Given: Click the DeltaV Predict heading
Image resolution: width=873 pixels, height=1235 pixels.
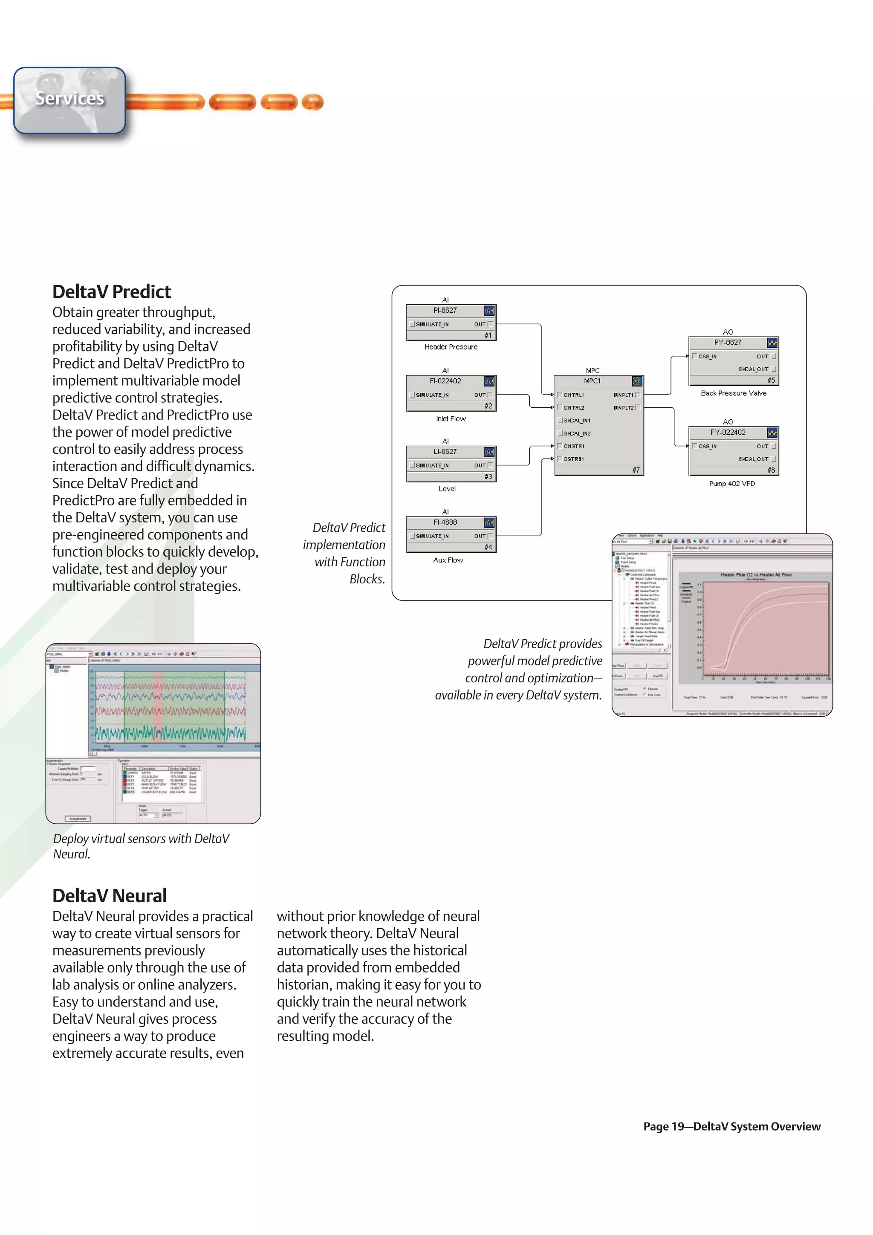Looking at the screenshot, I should (111, 291).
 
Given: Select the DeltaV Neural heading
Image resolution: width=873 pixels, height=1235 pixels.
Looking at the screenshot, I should (109, 896).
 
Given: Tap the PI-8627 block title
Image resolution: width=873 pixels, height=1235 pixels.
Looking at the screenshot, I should (445, 310).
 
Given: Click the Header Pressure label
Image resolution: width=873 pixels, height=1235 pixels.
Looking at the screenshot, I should (451, 347).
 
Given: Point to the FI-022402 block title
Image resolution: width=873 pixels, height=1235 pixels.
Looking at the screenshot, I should (445, 381).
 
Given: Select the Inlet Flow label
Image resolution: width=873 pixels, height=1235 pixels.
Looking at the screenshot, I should (451, 418).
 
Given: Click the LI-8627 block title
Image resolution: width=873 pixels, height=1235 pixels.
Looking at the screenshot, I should (445, 451).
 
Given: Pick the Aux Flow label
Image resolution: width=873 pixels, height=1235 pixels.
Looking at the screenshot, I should (448, 560).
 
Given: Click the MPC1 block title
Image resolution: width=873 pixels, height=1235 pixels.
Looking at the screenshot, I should (592, 381).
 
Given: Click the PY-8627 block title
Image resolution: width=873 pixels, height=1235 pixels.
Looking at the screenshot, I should (727, 342).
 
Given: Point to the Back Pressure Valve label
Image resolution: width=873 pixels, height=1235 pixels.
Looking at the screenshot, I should (733, 393).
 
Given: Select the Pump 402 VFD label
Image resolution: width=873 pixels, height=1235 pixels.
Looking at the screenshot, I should (731, 484).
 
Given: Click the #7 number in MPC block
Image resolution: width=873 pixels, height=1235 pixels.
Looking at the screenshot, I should (636, 470).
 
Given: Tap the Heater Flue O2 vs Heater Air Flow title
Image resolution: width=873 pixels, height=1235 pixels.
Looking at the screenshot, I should (756, 574).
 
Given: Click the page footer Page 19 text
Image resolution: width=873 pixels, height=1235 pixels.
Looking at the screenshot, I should (731, 1126).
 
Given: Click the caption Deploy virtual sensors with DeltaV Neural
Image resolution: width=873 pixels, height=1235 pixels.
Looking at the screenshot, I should (141, 846).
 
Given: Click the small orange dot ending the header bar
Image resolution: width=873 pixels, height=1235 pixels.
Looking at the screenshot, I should (312, 102).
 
